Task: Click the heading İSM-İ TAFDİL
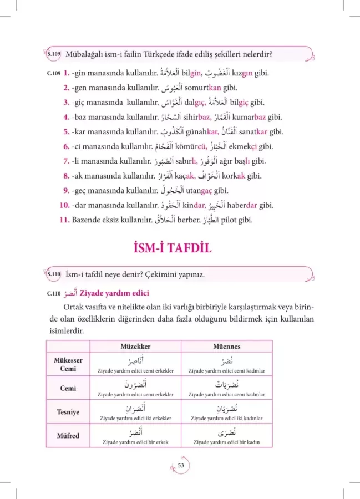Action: tap(180, 247)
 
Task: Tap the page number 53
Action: tap(181, 466)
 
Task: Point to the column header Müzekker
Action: tap(135, 347)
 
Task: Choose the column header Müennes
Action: tap(226, 347)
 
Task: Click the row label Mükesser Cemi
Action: tap(68, 364)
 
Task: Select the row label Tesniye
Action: tap(68, 412)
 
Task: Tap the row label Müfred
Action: tap(68, 436)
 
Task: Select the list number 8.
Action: tap(66, 176)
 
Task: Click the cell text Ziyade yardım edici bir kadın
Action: tap(226, 442)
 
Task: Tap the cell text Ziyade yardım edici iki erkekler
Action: tap(135, 418)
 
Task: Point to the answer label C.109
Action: tap(53, 74)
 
